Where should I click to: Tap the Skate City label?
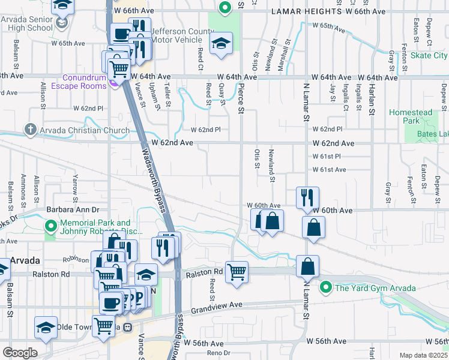(x=429, y=55)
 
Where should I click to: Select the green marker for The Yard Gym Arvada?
(x=326, y=288)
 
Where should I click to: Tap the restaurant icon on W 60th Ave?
(x=307, y=197)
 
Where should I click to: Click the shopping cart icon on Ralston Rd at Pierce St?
(x=237, y=271)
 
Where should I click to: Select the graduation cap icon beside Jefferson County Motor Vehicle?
(x=221, y=43)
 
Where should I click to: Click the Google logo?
(x=20, y=352)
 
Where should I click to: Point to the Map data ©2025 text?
(x=423, y=355)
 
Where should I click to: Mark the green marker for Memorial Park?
(x=50, y=226)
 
